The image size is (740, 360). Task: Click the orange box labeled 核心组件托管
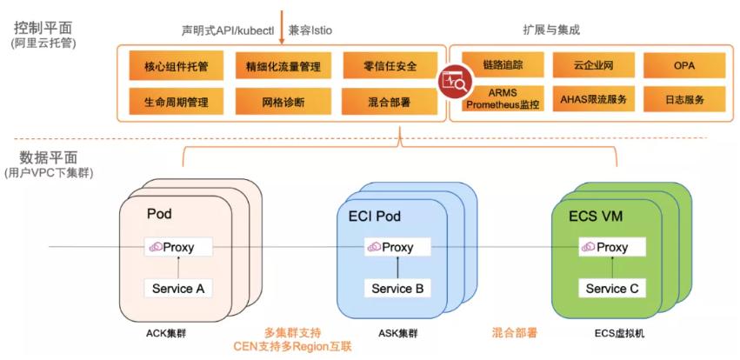point(176,65)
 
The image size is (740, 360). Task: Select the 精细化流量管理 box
point(283,65)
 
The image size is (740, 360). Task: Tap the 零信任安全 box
point(389,65)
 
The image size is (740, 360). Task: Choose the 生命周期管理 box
point(176,101)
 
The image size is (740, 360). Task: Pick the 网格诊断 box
point(283,101)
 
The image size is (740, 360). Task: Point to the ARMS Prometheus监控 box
point(503,98)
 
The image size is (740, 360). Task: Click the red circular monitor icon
point(454,83)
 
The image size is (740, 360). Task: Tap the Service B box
point(397,289)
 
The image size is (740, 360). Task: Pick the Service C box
point(611,289)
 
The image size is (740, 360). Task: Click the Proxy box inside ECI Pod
point(397,248)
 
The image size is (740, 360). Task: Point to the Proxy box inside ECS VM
point(611,248)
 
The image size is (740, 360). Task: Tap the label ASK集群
point(399,333)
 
